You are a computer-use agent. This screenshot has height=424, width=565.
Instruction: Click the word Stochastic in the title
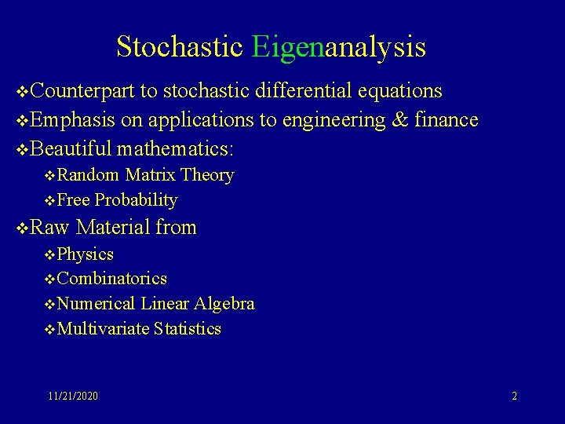tap(180, 47)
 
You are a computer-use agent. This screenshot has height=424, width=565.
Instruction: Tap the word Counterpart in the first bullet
tap(84, 91)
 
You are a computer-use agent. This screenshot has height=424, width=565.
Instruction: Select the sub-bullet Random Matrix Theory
tap(146, 175)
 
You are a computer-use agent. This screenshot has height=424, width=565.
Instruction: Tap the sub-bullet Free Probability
tap(118, 200)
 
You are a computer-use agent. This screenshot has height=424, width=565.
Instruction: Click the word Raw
tap(51, 228)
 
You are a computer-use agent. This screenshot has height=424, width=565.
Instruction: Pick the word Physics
tap(86, 254)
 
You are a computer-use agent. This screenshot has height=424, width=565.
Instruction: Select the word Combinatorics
tap(112, 279)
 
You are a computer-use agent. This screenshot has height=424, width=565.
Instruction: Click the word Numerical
tap(97, 304)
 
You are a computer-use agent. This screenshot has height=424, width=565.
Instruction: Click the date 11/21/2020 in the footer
tap(73, 397)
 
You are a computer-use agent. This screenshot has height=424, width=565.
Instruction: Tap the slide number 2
tap(514, 397)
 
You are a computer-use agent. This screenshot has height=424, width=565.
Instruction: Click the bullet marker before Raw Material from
tap(23, 228)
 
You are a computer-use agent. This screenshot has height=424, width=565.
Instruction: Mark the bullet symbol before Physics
tap(51, 255)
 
